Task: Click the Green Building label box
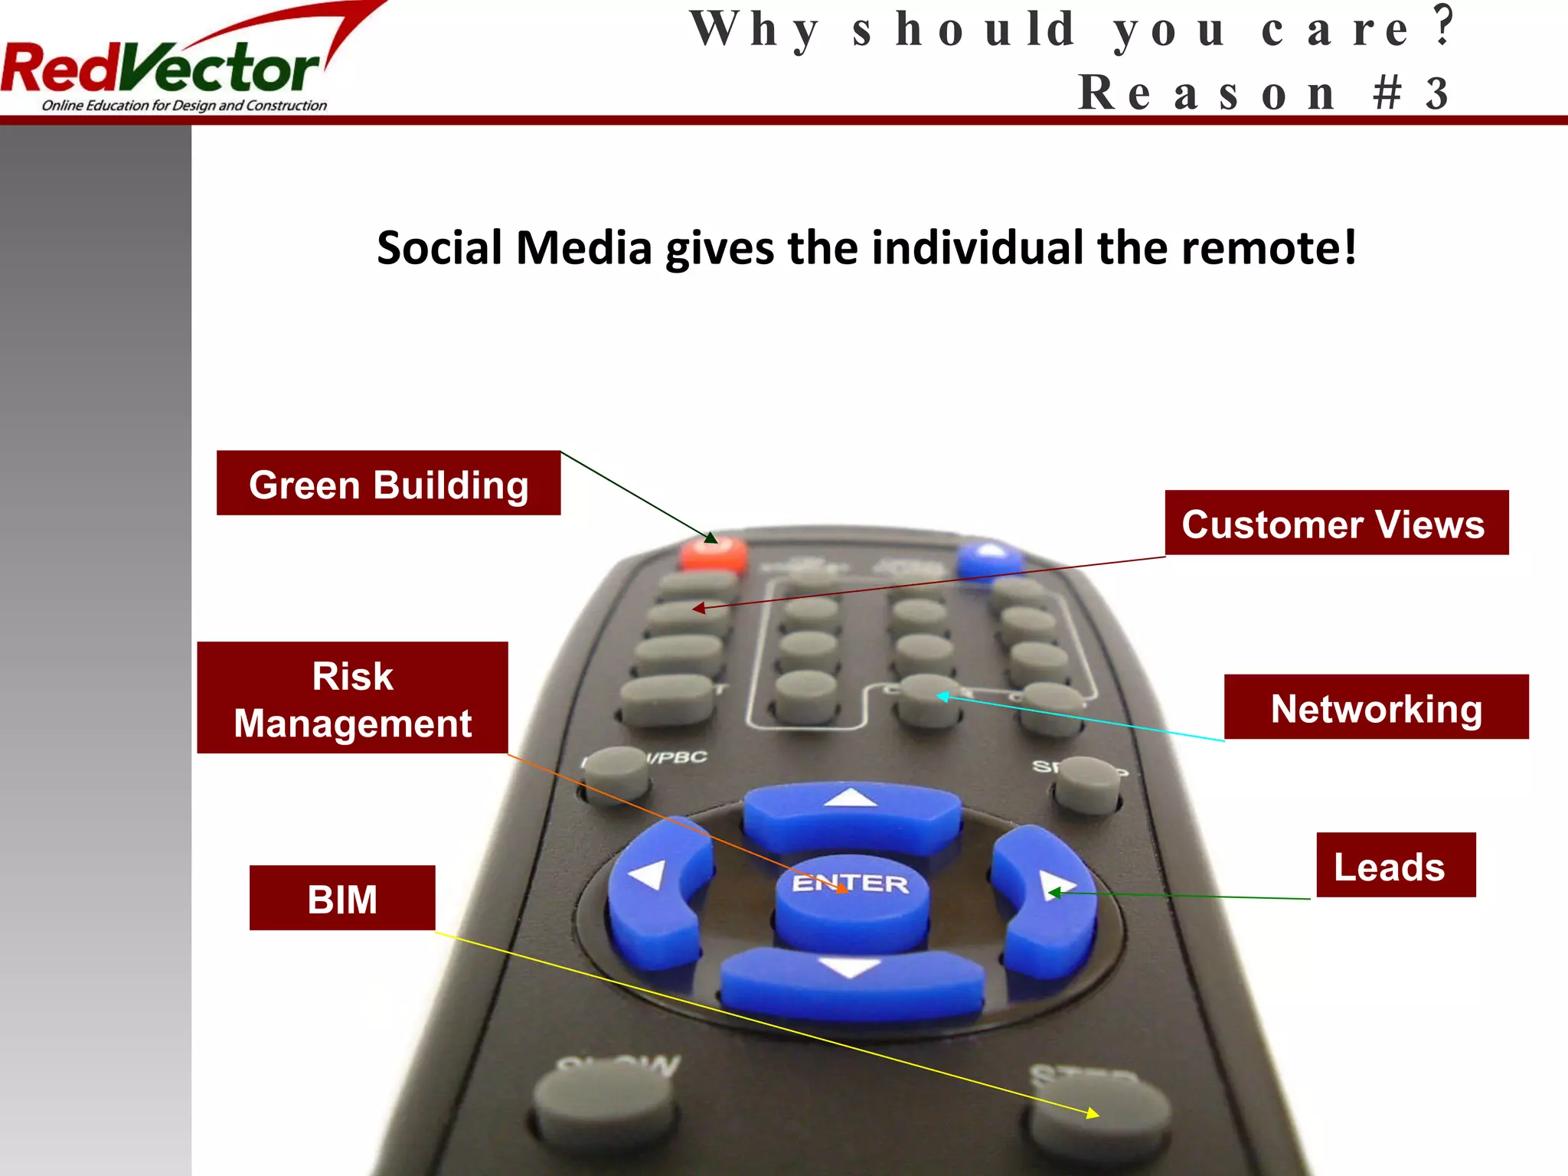pos(388,483)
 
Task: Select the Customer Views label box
pos(1336,523)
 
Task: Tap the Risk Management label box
pos(352,697)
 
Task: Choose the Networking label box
pos(1376,707)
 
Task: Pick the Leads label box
pos(1395,865)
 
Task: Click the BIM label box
pos(342,898)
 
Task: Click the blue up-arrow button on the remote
pos(851,815)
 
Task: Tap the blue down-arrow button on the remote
pos(851,983)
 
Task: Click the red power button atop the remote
pos(713,554)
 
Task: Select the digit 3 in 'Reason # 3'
pos(1436,93)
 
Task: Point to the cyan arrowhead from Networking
pos(942,696)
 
